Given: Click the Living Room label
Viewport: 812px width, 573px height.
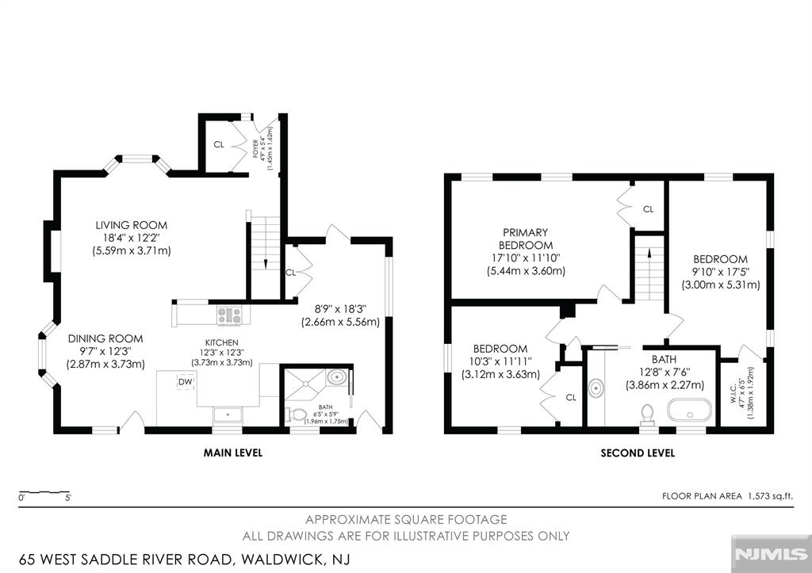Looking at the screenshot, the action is [131, 225].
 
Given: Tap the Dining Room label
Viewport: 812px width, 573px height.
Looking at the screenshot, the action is [105, 338].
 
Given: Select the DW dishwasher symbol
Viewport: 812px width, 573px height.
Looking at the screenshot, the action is [186, 382].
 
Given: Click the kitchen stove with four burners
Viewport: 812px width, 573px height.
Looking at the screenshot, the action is [229, 315].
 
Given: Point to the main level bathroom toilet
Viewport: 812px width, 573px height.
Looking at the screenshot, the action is [297, 414].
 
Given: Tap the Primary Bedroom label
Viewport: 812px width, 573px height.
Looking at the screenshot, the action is [526, 239].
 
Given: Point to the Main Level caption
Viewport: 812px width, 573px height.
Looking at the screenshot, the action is [233, 453].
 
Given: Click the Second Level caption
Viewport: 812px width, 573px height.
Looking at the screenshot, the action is [638, 453].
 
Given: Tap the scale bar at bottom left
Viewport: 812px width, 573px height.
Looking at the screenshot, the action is [44, 491].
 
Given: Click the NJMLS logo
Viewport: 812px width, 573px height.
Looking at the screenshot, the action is [771, 554].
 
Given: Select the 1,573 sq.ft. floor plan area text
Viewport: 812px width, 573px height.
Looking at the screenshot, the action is [770, 496].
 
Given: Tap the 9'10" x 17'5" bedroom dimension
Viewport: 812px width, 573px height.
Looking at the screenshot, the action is [721, 272].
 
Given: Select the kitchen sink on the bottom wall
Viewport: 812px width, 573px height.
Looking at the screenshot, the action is [228, 414].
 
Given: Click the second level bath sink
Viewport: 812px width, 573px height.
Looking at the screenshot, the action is [596, 388].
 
